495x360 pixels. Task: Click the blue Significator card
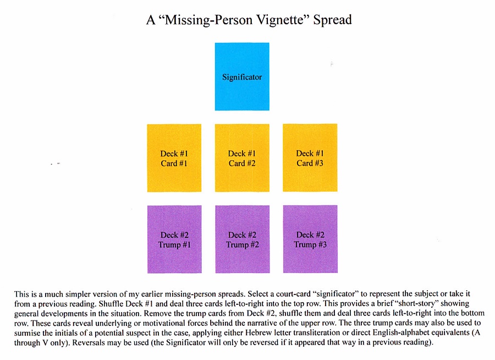click(242, 77)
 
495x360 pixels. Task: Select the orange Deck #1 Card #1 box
click(174, 158)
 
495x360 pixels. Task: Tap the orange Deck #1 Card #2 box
click(242, 158)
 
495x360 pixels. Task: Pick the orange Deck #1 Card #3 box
click(310, 158)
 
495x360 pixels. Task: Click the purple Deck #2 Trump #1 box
click(174, 239)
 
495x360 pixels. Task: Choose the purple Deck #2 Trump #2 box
click(243, 239)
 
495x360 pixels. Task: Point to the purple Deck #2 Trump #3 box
click(310, 239)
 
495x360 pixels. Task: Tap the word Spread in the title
click(332, 20)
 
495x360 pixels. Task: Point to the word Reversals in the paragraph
click(87, 342)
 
